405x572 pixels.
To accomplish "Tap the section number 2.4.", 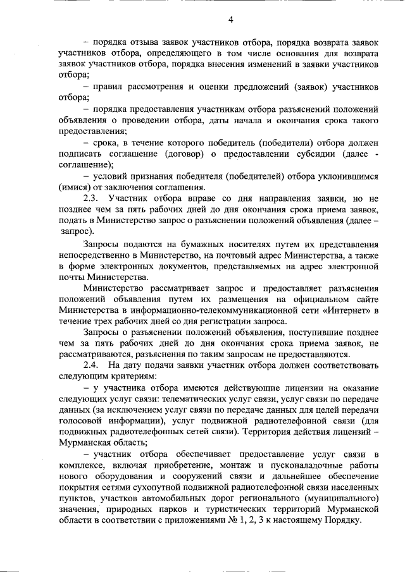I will (90, 365).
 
